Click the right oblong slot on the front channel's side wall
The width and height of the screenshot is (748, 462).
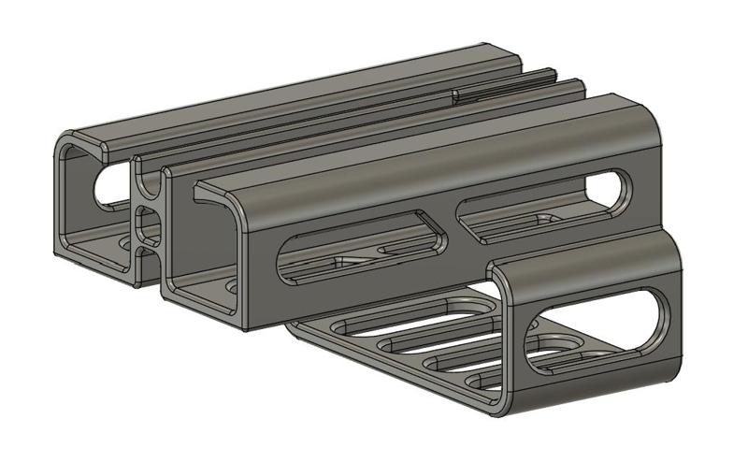542,205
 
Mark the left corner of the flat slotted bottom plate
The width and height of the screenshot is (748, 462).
290,325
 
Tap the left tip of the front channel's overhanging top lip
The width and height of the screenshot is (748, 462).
197,192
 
